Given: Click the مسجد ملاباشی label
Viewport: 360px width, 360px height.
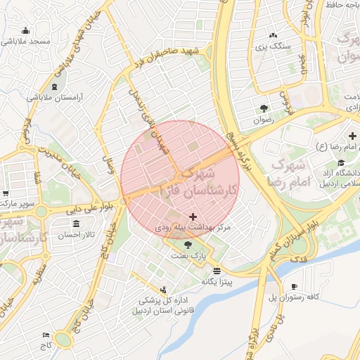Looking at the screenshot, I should (25, 41).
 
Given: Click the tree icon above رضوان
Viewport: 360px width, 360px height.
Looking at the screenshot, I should (264, 108).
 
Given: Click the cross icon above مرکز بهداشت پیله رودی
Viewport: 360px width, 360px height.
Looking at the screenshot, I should (193, 218).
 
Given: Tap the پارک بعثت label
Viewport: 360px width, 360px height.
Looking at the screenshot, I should (188, 256).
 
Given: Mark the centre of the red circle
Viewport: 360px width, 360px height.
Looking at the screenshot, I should (180, 180).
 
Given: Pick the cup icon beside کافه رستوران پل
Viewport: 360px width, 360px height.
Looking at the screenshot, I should (293, 285).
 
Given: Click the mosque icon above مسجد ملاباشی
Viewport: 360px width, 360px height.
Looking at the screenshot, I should (25, 30).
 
